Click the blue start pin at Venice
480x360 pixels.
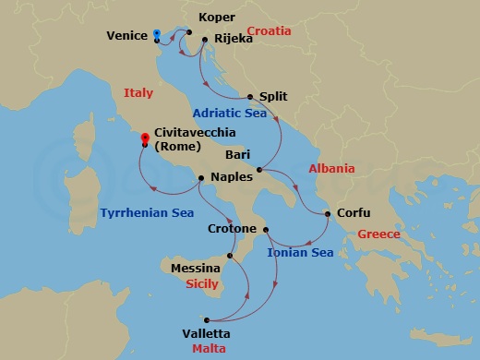click(x=158, y=35)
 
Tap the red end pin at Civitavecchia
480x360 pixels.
click(x=145, y=141)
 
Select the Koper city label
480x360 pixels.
click(x=216, y=18)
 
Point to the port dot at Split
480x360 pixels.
click(x=250, y=96)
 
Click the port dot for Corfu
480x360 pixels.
click(x=329, y=215)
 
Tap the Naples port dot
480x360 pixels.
click(x=200, y=177)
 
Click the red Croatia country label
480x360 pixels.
click(x=269, y=31)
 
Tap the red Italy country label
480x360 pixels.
click(x=138, y=91)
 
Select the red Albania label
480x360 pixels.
click(x=331, y=169)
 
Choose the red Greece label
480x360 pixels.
click(x=378, y=234)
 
